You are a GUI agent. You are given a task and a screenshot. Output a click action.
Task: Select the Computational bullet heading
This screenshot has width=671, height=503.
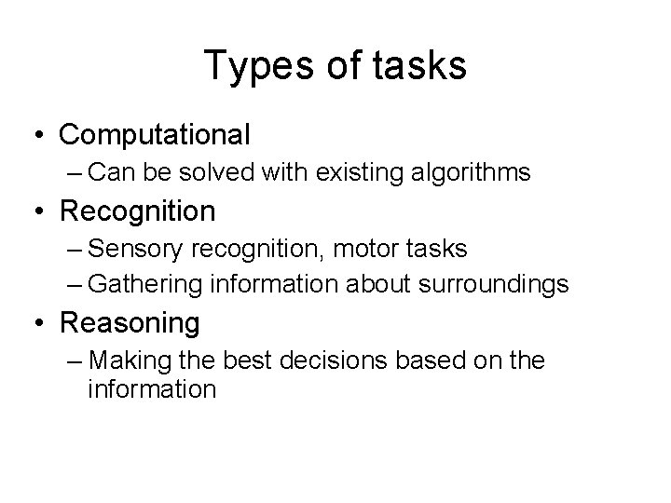[x=155, y=135]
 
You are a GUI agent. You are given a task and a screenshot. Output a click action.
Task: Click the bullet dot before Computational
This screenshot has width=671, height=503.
[x=38, y=135]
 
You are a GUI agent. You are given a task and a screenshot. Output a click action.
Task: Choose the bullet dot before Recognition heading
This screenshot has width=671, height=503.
[x=38, y=211]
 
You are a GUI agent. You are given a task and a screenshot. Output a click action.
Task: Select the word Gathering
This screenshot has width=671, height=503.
[x=151, y=283]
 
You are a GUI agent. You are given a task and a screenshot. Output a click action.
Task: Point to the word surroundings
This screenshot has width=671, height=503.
[x=493, y=283]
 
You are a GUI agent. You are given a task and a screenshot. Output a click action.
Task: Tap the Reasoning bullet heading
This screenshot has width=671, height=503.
[x=130, y=323]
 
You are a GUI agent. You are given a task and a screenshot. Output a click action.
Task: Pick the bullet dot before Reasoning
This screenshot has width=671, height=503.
[x=38, y=323]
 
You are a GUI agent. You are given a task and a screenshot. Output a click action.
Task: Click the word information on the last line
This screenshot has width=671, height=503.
[x=151, y=388]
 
